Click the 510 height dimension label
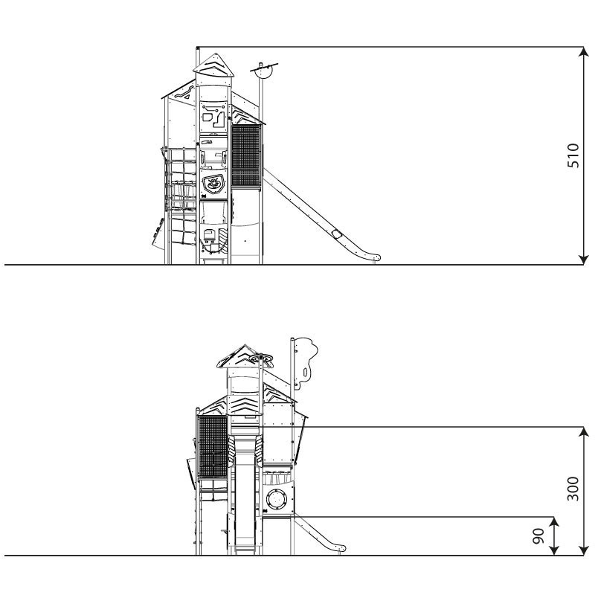573,155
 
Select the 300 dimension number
573,489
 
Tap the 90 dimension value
538,535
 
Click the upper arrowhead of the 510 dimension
584,52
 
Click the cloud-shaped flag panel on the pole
306,362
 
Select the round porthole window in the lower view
276,499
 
